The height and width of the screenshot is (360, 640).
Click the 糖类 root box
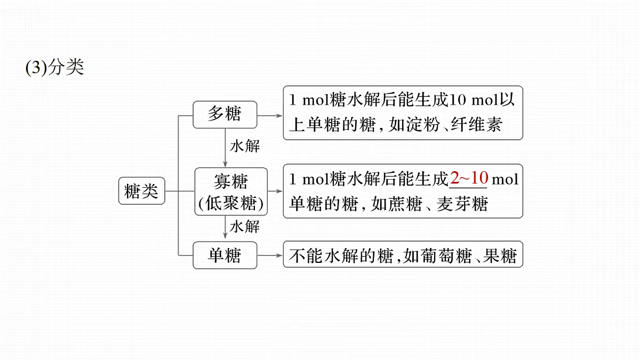tap(142, 191)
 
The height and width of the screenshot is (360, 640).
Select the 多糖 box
tap(225, 115)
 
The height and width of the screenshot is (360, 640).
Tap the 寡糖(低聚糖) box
tap(231, 191)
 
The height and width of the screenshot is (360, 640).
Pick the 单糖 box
tap(225, 255)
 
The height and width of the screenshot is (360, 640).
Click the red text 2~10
tap(469, 178)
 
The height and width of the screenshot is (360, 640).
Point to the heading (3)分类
tap(54, 67)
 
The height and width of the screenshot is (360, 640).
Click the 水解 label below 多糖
tap(245, 146)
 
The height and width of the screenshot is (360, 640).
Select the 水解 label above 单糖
tap(245, 227)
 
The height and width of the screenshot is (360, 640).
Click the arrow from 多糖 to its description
tap(270, 116)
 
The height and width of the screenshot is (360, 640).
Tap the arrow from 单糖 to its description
tap(270, 255)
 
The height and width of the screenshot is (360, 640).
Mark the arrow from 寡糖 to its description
tap(275, 191)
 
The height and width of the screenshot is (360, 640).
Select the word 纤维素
tap(477, 125)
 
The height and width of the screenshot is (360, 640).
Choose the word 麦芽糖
tap(462, 204)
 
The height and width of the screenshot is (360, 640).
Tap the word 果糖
tap(500, 255)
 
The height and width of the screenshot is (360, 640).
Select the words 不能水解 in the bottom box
tap(323, 255)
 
